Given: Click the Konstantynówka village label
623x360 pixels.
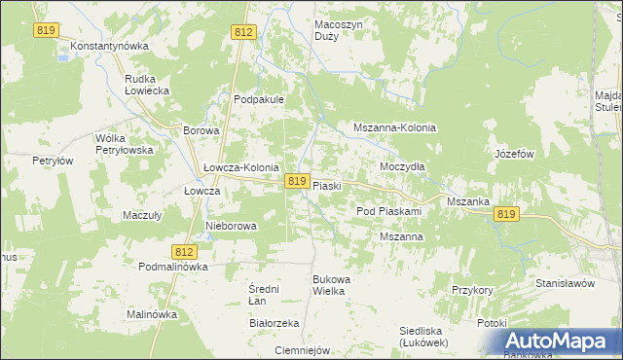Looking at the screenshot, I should coord(109,46).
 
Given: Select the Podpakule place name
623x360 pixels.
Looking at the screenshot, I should coord(258,99).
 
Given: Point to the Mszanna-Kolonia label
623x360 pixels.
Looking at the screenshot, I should coord(394,127).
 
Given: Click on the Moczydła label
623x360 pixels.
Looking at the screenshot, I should coord(402,166).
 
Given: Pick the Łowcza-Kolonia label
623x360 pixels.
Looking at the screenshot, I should coord(241,167).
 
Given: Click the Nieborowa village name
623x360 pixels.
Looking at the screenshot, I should coord(232,226).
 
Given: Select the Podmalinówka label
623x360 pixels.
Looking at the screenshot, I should coord(174,267).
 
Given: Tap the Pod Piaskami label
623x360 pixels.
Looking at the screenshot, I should coord(388,211).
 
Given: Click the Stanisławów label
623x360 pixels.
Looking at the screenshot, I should coord(565,283).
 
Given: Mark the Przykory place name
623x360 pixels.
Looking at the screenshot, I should coord(474,290).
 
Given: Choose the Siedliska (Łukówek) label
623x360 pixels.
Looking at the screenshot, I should coord(422,337).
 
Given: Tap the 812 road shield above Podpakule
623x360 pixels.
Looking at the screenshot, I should coord(244,33).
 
